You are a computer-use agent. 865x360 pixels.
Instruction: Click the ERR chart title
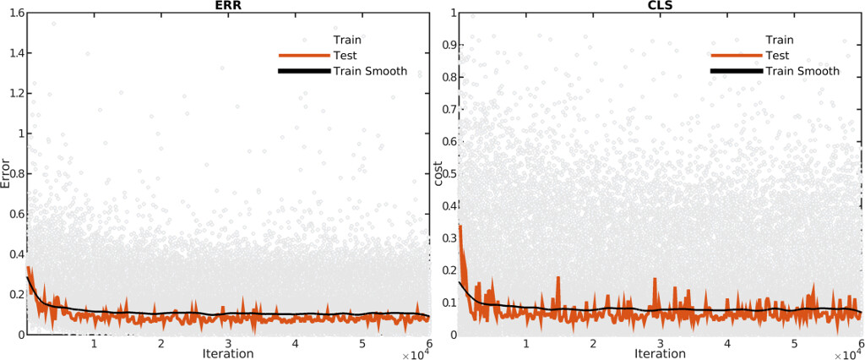[228, 5]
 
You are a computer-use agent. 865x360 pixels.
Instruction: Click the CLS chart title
[660, 5]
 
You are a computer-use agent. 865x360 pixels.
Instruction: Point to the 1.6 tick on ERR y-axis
[14, 14]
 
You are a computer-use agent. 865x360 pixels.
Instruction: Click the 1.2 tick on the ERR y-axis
[14, 94]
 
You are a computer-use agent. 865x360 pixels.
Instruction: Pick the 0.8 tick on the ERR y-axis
[14, 174]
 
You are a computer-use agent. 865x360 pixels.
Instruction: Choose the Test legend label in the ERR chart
[346, 56]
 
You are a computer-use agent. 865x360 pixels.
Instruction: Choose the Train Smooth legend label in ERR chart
[370, 72]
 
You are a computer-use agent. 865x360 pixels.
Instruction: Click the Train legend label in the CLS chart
[779, 40]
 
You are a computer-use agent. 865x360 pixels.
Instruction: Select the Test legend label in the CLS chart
[778, 56]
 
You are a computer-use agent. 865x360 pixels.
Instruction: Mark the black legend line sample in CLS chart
[735, 72]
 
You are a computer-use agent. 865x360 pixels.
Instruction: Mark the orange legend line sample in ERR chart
[303, 56]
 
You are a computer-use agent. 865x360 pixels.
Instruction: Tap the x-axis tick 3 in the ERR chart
[228, 343]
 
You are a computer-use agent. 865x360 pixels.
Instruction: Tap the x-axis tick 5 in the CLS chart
[794, 343]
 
